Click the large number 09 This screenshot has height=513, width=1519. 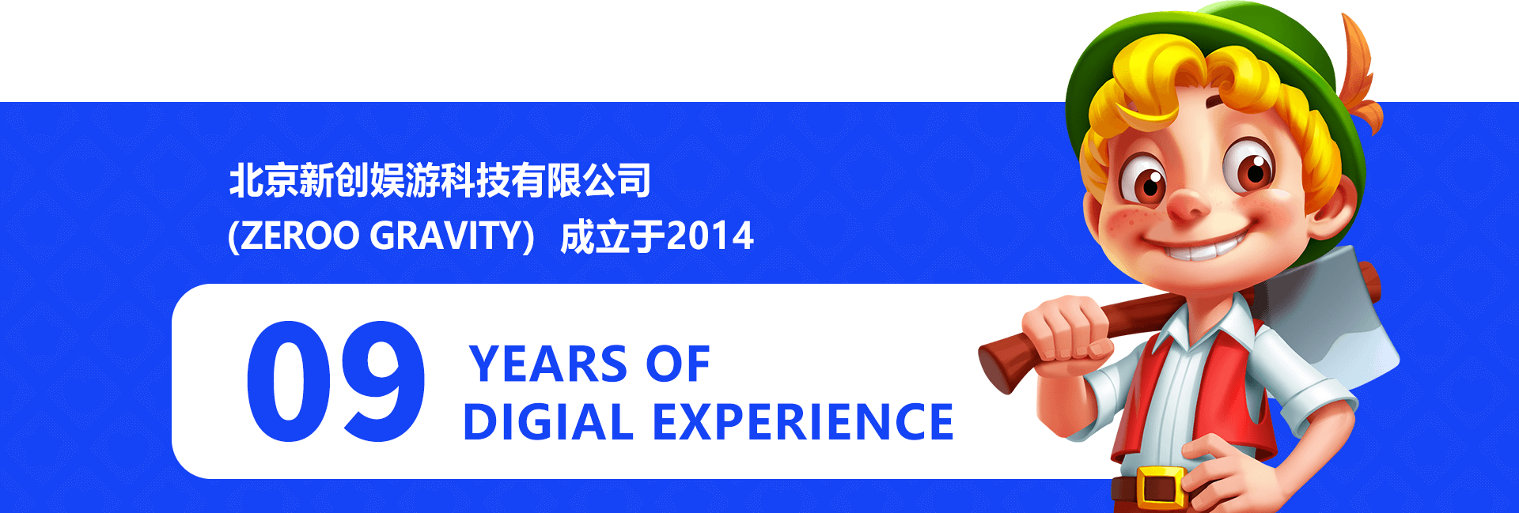click(335, 381)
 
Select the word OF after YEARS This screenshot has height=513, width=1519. click(678, 364)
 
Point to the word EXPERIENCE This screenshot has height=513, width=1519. click(803, 421)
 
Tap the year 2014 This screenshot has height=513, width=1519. click(710, 236)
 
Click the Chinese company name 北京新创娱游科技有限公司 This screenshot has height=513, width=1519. click(440, 180)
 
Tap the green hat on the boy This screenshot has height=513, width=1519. click(1218, 71)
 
